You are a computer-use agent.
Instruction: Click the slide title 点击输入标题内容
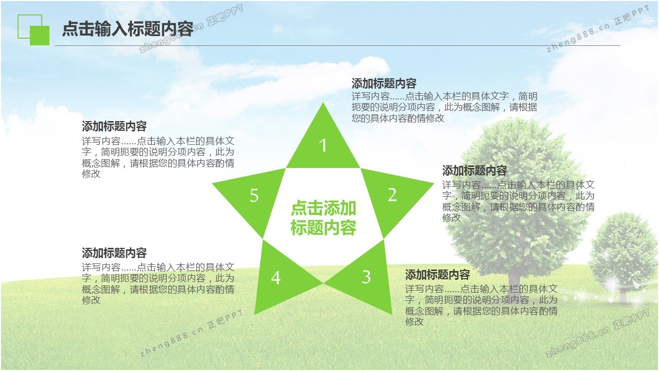coord(128,29)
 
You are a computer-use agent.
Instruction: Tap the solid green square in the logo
coord(40,36)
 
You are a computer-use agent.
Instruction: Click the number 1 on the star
coord(323,145)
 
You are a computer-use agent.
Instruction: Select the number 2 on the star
coord(392,195)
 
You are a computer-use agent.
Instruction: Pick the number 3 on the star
coord(366,277)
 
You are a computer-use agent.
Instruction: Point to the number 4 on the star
coord(275,278)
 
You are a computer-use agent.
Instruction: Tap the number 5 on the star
coord(254,195)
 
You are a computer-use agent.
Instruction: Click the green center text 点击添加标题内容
coord(323,218)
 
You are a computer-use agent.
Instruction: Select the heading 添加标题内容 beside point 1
coord(384,83)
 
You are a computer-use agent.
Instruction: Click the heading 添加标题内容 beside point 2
coord(474,171)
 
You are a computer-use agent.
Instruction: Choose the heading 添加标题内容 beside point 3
coord(437,275)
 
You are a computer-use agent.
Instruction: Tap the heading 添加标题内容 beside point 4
coord(114,253)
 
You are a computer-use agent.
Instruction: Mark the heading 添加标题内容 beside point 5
coord(114,126)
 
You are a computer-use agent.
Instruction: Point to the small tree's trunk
coord(623,294)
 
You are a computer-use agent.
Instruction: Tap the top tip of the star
coord(323,103)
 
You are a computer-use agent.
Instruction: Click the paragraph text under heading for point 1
coord(444,107)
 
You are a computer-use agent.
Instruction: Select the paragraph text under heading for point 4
coord(158,283)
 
